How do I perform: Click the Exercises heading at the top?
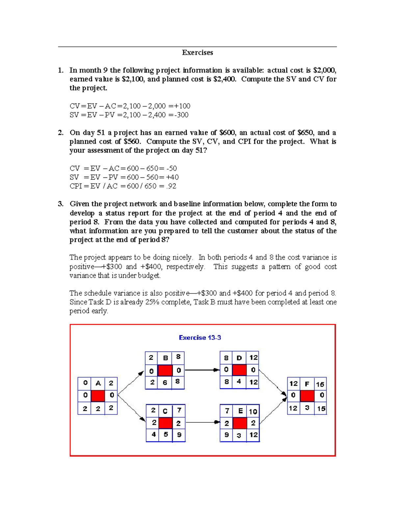pos(197,53)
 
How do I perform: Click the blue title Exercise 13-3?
pos(200,338)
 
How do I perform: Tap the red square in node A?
pos(98,395)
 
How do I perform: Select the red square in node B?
pos(165,370)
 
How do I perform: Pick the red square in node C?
pos(166,423)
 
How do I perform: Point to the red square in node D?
pos(239,370)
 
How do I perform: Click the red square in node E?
pos(240,423)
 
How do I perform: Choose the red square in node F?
pos(307,395)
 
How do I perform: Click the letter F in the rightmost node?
pos(307,384)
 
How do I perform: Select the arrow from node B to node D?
pos(202,370)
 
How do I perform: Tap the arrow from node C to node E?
pos(202,422)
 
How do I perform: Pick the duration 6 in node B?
pos(165,382)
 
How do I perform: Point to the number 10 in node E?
pos(253,411)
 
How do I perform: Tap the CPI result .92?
pos(171,186)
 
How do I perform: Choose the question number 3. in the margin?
pos(61,204)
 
